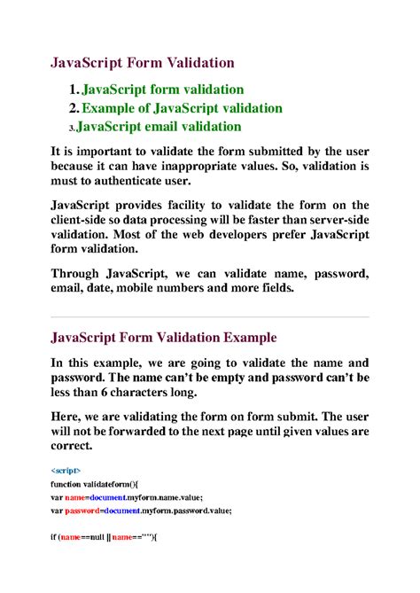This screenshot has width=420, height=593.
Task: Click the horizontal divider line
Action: (210, 316)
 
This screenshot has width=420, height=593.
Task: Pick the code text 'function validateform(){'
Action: (103, 486)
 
